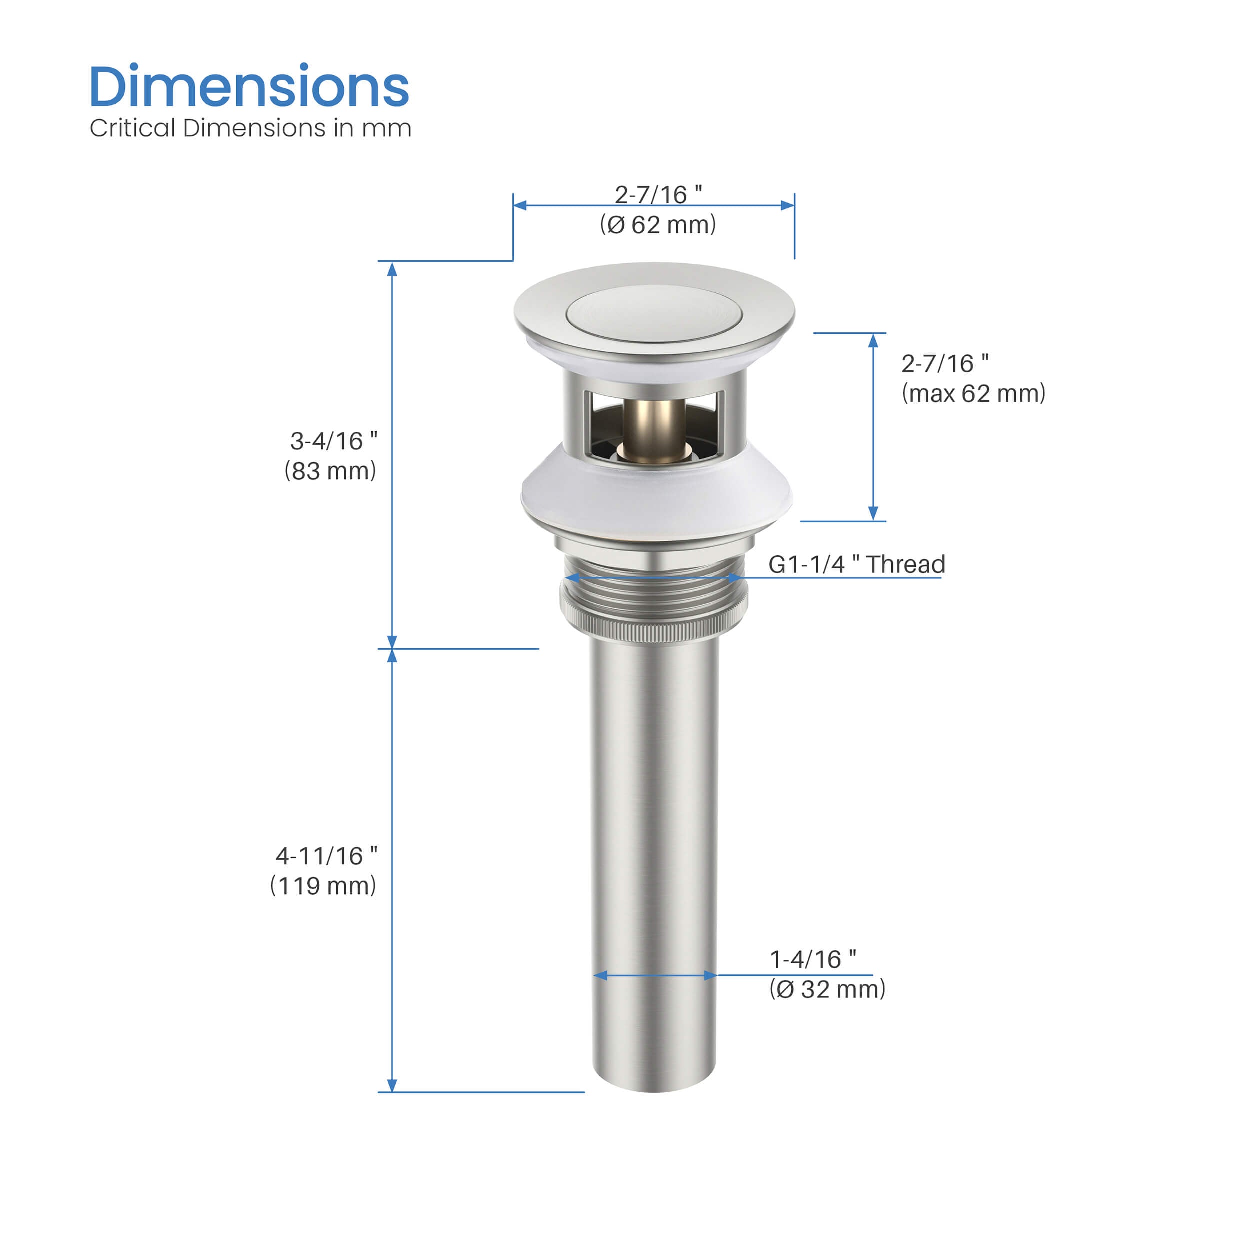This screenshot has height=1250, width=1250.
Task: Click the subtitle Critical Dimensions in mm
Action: click(250, 128)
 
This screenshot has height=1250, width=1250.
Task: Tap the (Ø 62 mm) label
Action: click(658, 225)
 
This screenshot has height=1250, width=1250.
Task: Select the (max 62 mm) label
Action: click(973, 393)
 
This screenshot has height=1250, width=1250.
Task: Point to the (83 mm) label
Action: click(330, 471)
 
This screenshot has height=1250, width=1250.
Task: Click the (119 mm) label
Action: click(323, 885)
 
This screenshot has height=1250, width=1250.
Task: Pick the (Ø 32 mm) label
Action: click(827, 989)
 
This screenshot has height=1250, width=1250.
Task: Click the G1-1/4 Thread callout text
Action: click(856, 564)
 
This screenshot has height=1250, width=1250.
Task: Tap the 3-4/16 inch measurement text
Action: click(334, 441)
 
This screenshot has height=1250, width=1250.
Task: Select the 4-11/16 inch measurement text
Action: click(326, 856)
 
